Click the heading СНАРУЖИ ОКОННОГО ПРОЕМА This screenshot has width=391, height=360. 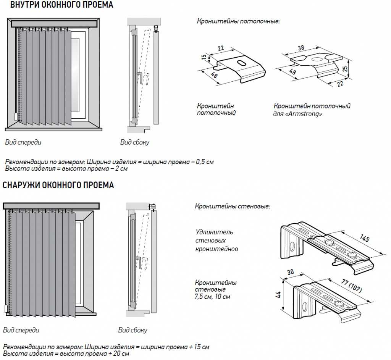pos(58,186)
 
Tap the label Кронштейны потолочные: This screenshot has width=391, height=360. pos(238,21)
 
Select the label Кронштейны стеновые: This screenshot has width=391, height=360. pos(233,206)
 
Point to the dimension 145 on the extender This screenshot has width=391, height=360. pos(364,239)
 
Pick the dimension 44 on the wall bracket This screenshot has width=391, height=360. pos(278,294)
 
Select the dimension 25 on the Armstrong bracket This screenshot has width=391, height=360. pos(345,69)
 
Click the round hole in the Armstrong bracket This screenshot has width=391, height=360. pos(317,59)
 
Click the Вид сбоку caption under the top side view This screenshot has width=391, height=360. pos(135,142)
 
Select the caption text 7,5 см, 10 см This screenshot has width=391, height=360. pos(212,297)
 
